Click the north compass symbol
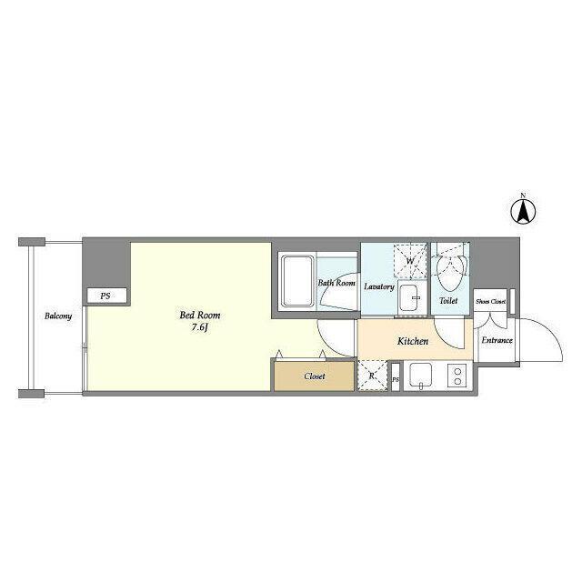pyautogui.click(x=523, y=212)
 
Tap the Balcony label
pyautogui.click(x=58, y=316)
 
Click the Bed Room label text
pyautogui.click(x=200, y=316)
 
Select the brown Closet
pyautogui.click(x=314, y=376)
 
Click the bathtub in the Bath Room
pyautogui.click(x=297, y=281)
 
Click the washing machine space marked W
pyautogui.click(x=410, y=261)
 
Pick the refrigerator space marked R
pyautogui.click(x=372, y=376)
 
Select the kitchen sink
pyautogui.click(x=420, y=376)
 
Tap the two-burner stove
pyautogui.click(x=458, y=376)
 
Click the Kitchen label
pyautogui.click(x=413, y=341)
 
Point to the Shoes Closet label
pyautogui.click(x=490, y=302)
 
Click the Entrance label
pyautogui.click(x=497, y=340)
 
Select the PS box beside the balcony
pyautogui.click(x=106, y=296)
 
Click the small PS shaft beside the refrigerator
pyautogui.click(x=396, y=376)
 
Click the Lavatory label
pyautogui.click(x=379, y=286)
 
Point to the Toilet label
pyautogui.click(x=448, y=301)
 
